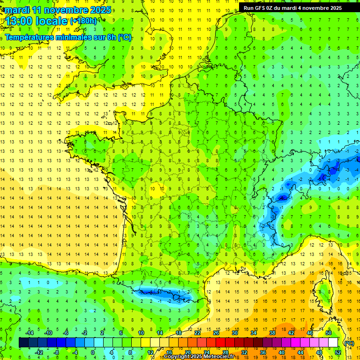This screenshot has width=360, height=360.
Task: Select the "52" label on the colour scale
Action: pyautogui.click(x=338, y=352)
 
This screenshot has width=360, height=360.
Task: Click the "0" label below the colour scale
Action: pyautogui.click(x=93, y=352)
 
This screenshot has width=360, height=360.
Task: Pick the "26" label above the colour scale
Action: pyautogui.click(x=216, y=333)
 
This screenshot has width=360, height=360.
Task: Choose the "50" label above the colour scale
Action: pyautogui.click(x=329, y=333)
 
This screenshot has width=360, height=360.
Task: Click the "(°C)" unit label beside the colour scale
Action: pyautogui.click(x=349, y=343)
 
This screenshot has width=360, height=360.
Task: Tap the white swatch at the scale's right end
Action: pyautogui.click(x=333, y=343)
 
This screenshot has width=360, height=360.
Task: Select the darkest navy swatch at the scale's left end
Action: pyautogui.click(x=23, y=343)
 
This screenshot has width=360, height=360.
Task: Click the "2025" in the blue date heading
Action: pyautogui.click(x=100, y=10)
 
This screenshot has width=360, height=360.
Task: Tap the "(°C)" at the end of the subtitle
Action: pyautogui.click(x=124, y=37)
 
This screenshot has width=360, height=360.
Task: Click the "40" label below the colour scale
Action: pyautogui.click(x=282, y=352)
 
